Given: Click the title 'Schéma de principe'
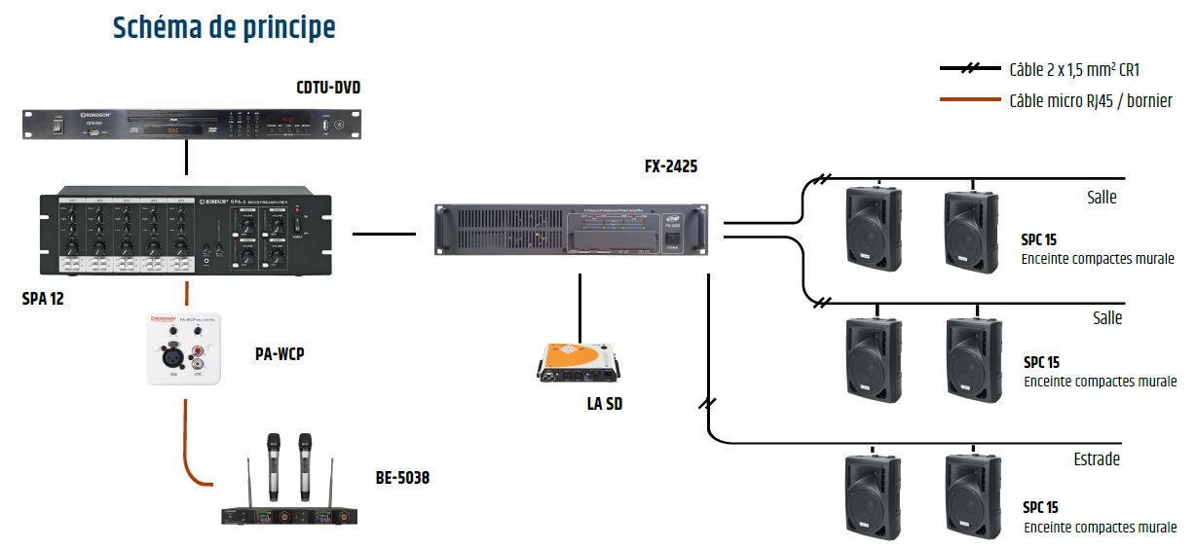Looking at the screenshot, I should point(224,28).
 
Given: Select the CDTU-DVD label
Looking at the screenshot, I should point(328,88).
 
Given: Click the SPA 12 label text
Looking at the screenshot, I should point(43,299).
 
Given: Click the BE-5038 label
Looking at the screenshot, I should point(402,478).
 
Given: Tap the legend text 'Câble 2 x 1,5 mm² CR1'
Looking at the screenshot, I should point(1074,70).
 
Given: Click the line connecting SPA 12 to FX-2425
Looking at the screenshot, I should point(384,234).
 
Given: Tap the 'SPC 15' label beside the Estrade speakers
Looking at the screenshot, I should point(1040,508).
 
